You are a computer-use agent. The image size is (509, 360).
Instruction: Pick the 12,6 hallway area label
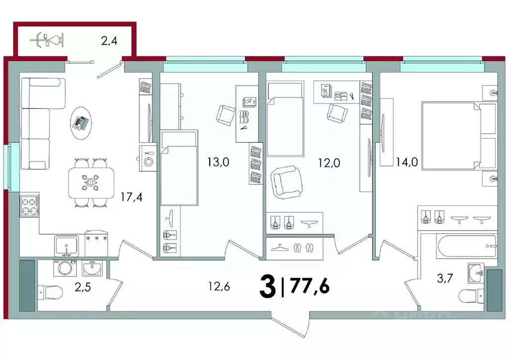tap(219, 286)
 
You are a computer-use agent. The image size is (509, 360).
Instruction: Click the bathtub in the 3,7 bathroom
tap(466, 246)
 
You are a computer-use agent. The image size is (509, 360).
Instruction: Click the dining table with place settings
tap(90, 183)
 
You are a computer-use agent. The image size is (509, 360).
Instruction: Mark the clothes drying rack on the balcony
tap(49, 39)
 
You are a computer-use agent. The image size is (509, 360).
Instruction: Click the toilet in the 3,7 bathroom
tap(472, 297)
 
